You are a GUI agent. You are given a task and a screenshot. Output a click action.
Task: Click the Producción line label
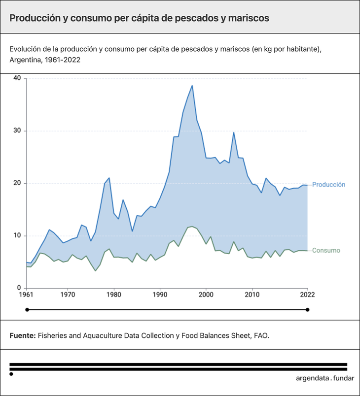tap(328, 185)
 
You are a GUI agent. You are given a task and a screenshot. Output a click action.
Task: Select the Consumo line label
tap(326, 251)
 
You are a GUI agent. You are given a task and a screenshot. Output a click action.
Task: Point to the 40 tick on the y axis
tap(17, 78)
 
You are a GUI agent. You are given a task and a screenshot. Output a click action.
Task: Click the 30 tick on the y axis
tap(17, 131)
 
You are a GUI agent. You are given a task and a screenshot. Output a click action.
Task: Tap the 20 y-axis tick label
tap(17, 183)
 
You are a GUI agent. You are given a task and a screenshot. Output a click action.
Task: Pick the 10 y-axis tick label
tap(17, 236)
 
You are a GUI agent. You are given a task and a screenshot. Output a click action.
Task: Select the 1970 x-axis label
tap(69, 295)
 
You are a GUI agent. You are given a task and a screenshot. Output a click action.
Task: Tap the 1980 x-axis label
tap(114, 295)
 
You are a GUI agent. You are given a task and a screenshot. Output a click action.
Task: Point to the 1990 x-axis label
tap(160, 295)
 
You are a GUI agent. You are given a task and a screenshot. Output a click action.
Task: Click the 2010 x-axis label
tap(252, 295)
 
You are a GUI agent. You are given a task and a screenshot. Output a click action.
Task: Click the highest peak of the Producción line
tap(192, 86)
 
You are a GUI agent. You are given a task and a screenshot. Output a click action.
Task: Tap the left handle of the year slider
tap(27, 310)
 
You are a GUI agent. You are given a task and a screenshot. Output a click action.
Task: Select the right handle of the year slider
tap(307, 310)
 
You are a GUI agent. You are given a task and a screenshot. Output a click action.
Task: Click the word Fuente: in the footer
tap(23, 335)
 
